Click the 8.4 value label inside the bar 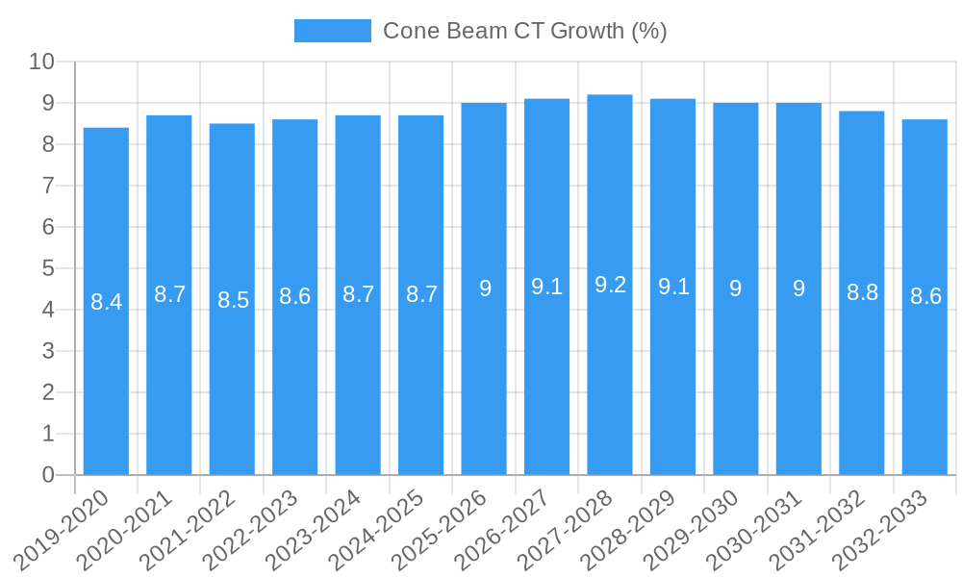pos(106,302)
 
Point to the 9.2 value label pos(610,285)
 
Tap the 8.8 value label pos(862,292)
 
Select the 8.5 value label pos(232,300)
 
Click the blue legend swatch pos(332,31)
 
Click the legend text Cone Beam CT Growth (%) pos(524,31)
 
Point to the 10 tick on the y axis pos(41,63)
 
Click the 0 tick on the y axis pos(48,475)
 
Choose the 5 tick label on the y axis pos(48,268)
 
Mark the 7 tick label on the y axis pos(48,186)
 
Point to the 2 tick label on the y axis pos(48,392)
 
